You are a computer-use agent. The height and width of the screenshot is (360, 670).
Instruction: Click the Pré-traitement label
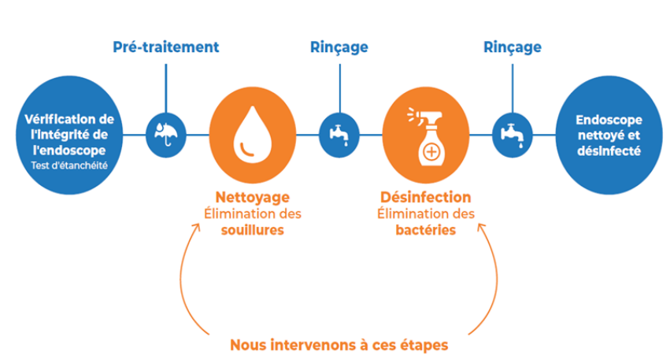pyautogui.click(x=165, y=47)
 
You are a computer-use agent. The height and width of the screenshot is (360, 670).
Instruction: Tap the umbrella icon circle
pyautogui.click(x=166, y=133)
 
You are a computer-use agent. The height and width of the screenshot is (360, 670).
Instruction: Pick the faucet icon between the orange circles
pyautogui.click(x=339, y=133)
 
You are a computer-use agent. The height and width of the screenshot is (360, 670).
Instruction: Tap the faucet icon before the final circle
pyautogui.click(x=513, y=133)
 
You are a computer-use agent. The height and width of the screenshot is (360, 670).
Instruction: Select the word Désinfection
pyautogui.click(x=425, y=197)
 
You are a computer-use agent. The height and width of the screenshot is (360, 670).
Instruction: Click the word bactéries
pyautogui.click(x=425, y=231)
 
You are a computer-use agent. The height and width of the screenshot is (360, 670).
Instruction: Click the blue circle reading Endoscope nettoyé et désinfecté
pyautogui.click(x=608, y=134)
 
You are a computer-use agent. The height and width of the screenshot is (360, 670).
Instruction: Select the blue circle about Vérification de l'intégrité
pyautogui.click(x=65, y=134)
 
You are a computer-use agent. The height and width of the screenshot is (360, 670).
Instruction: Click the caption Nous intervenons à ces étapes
pyautogui.click(x=339, y=344)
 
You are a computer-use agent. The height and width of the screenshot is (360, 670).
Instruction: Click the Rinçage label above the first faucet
pyautogui.click(x=339, y=47)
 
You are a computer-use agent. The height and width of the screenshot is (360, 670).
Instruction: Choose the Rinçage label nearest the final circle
pyautogui.click(x=512, y=47)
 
